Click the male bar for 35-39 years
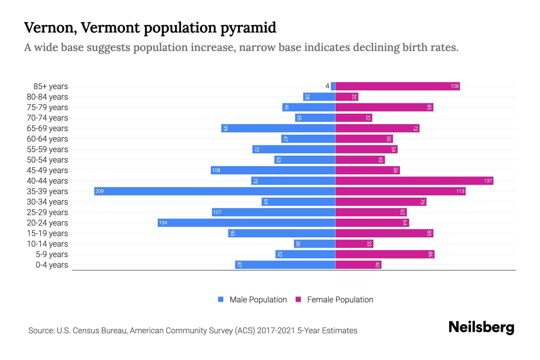coord(214,191)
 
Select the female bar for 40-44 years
coord(414,181)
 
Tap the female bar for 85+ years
coord(397,86)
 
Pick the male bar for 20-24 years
coord(246,223)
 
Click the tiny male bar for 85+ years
coord(333,86)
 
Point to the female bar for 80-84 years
coord(347,97)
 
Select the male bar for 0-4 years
coord(285,265)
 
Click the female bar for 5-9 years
coord(385,254)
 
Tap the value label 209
coord(99,191)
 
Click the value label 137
coord(488,181)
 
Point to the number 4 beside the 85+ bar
coord(327,86)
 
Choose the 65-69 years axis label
coord(47,128)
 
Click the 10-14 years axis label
coord(47,244)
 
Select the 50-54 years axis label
coord(47,160)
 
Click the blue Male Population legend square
coord(221,299)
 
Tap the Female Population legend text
coord(340,300)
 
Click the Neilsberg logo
coord(481,327)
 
